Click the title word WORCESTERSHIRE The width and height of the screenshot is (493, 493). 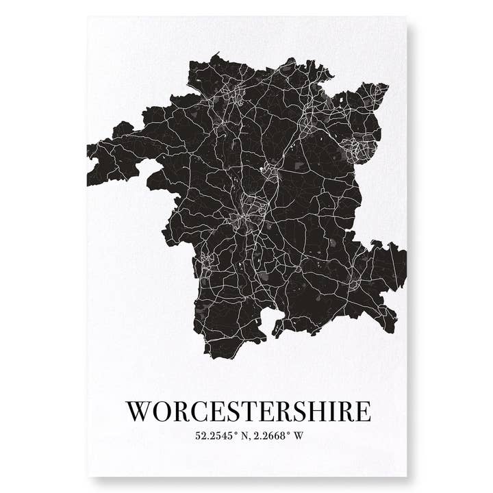(249, 411)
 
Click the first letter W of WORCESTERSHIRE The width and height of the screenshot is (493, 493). (140, 411)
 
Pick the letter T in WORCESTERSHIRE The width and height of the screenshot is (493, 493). (254, 411)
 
